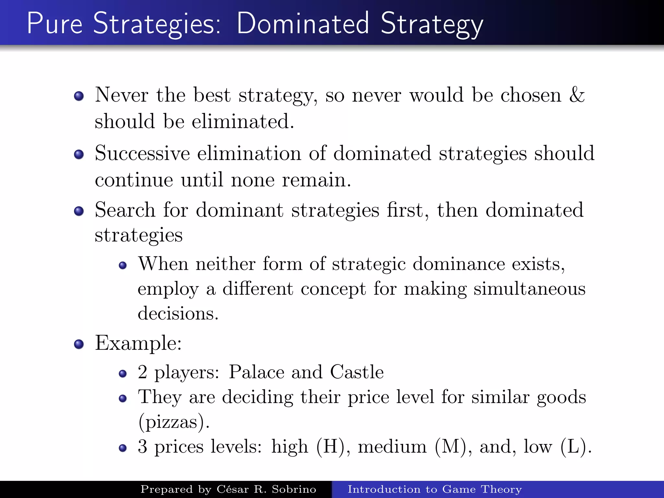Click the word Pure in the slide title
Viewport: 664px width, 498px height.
[x=54, y=23]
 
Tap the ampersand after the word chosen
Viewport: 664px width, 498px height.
[x=577, y=95]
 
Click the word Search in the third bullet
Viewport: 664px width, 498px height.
[x=125, y=210]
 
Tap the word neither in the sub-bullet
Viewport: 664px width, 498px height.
[x=226, y=264]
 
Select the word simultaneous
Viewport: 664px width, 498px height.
[x=529, y=289]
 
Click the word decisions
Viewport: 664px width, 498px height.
[x=178, y=314]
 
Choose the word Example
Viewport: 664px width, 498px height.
[x=138, y=343]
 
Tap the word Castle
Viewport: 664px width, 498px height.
[x=357, y=372]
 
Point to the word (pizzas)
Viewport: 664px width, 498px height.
[x=174, y=422]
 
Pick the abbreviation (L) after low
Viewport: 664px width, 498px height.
[x=576, y=447]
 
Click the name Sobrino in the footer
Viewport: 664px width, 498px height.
[x=294, y=489]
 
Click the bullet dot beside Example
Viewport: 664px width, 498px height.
[x=79, y=344]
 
